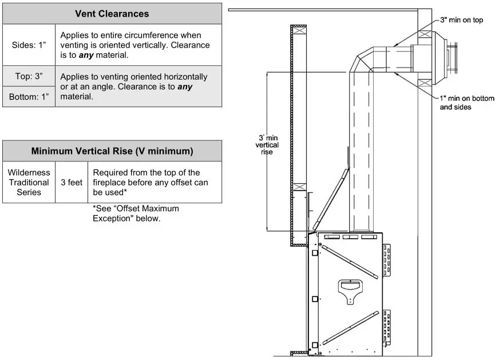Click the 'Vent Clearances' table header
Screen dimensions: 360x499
coord(112,13)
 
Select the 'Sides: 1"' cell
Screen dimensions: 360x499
coord(29,45)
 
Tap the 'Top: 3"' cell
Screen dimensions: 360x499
coord(29,76)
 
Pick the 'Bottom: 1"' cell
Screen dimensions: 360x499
coord(29,97)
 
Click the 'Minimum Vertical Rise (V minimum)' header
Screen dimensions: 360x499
coord(112,151)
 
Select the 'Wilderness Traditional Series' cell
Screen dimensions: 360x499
coord(29,182)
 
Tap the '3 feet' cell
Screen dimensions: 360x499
coord(72,182)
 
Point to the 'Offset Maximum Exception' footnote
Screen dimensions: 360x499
coord(136,213)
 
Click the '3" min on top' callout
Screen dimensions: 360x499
coord(461,20)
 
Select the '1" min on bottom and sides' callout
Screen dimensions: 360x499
coord(466,102)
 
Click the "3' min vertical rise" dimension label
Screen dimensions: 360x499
coord(267,145)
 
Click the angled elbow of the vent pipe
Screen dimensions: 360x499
coord(367,62)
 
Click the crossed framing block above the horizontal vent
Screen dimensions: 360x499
coord(425,34)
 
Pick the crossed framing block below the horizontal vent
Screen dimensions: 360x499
coord(425,84)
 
